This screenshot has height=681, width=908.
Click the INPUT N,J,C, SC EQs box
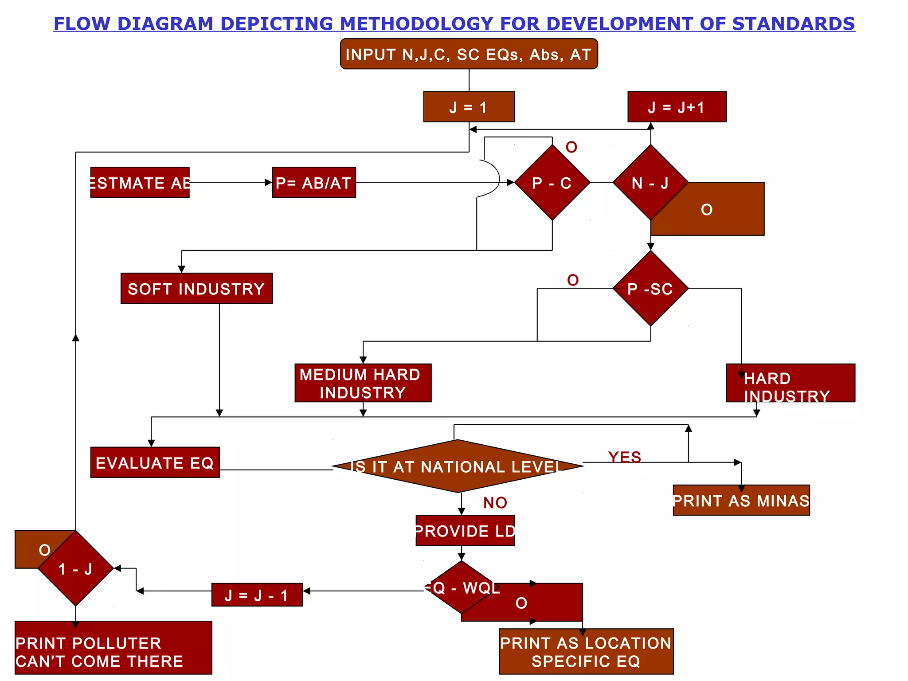click(x=469, y=54)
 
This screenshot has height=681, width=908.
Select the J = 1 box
click(x=469, y=107)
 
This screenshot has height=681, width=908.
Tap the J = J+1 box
click(x=677, y=107)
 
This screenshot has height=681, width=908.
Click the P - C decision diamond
click(x=552, y=183)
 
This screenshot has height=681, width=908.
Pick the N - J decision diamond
click(x=650, y=183)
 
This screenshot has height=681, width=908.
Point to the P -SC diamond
click(x=650, y=289)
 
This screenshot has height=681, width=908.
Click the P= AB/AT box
click(x=313, y=183)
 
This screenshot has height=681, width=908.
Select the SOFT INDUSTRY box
click(x=196, y=289)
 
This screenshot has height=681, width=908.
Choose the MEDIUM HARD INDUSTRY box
click(x=363, y=383)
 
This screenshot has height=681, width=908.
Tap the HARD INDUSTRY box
click(x=790, y=383)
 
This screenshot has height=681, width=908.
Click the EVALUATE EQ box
click(x=155, y=462)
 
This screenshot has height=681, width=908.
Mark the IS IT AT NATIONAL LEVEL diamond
click(x=458, y=466)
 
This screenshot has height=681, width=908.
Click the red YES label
click(x=624, y=457)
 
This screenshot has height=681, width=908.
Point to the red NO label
click(x=495, y=502)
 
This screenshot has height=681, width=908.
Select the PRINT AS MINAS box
click(x=741, y=500)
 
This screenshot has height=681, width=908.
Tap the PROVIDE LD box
click(x=465, y=531)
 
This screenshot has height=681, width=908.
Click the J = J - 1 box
click(x=257, y=595)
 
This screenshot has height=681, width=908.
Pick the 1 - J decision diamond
click(x=76, y=568)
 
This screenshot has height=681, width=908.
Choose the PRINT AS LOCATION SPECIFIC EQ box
click(x=586, y=651)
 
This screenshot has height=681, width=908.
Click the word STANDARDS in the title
click(x=793, y=23)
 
